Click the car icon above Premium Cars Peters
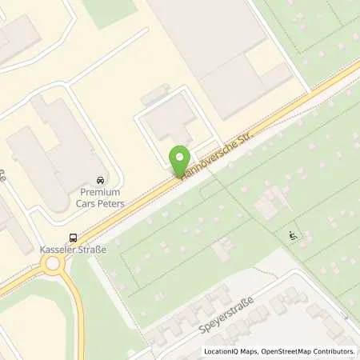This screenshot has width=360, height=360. (99, 181)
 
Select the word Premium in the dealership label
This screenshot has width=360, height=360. (100, 192)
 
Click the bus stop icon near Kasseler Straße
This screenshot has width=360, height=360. (74, 237)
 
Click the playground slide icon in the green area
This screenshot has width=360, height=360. (294, 235)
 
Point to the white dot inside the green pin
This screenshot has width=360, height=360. (181, 157)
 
